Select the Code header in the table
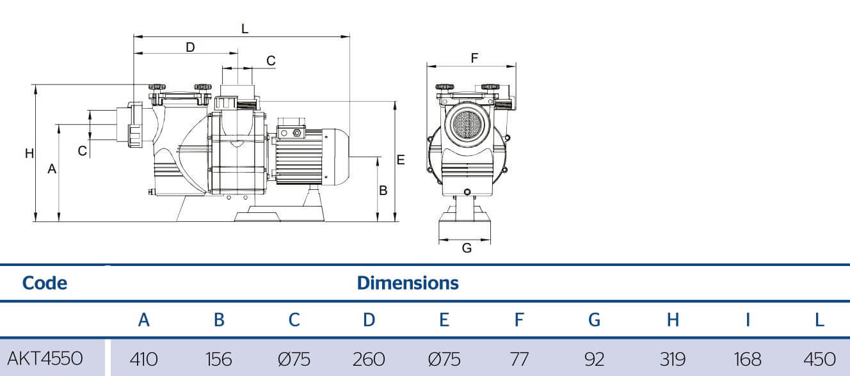45,283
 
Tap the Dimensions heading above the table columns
408,283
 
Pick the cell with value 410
143,359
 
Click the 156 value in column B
219,359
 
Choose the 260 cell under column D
369,359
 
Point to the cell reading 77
519,359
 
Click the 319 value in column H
672,359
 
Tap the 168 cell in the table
747,359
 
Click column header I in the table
748,320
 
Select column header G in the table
594,320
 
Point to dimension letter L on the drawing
245,29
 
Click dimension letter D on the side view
190,47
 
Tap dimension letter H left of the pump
29,153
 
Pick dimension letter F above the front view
474,58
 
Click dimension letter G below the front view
467,248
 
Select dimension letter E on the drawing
401,160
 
